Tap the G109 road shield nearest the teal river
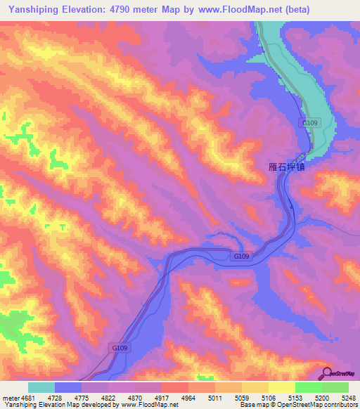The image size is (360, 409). (x=310, y=123)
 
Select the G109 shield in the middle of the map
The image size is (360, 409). (x=241, y=257)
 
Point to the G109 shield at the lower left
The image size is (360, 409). (x=120, y=348)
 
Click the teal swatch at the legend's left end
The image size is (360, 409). (x=41, y=387)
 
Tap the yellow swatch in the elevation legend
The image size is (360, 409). (x=282, y=387)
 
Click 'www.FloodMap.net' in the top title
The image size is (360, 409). (x=234, y=10)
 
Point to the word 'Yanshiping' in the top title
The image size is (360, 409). (x=36, y=10)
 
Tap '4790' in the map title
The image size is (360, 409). (x=123, y=10)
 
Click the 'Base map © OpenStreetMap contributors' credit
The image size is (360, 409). (x=298, y=405)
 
